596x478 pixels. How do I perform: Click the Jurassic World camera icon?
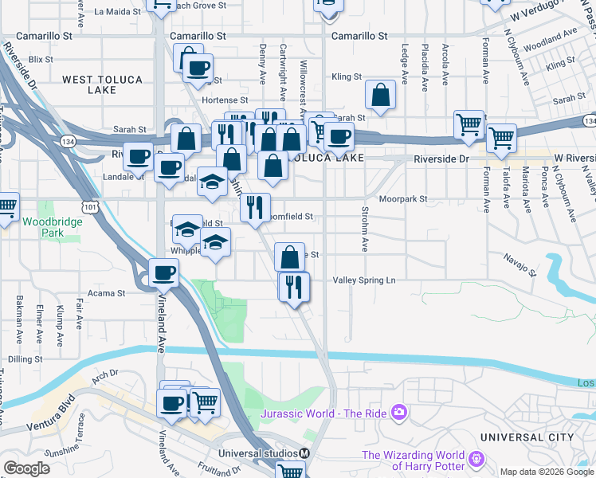click(398, 413)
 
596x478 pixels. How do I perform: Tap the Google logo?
click(27, 468)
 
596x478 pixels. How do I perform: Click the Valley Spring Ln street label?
click(363, 280)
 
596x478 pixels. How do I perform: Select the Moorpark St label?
click(403, 198)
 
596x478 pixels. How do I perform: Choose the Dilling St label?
click(26, 359)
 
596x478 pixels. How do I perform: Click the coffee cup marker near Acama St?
click(163, 273)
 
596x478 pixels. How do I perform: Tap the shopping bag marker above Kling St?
click(382, 95)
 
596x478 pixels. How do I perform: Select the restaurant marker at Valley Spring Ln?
click(294, 286)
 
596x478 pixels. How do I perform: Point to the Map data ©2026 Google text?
click(547, 472)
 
